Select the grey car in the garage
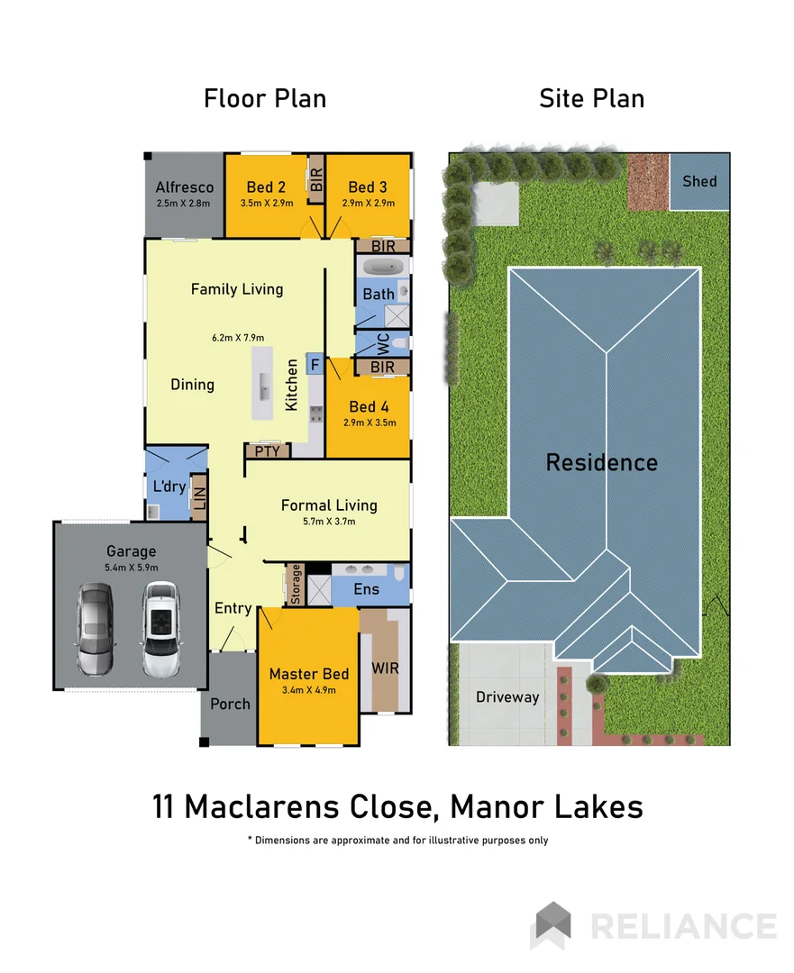95,630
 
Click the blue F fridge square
315,364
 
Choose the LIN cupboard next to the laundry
199,497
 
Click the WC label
382,343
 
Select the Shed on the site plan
699,181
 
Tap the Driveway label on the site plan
507,696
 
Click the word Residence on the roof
601,463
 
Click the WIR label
385,669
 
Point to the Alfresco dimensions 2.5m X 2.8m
183,204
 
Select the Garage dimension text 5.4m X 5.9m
132,568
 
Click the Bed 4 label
368,406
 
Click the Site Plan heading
591,98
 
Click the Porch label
230,704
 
